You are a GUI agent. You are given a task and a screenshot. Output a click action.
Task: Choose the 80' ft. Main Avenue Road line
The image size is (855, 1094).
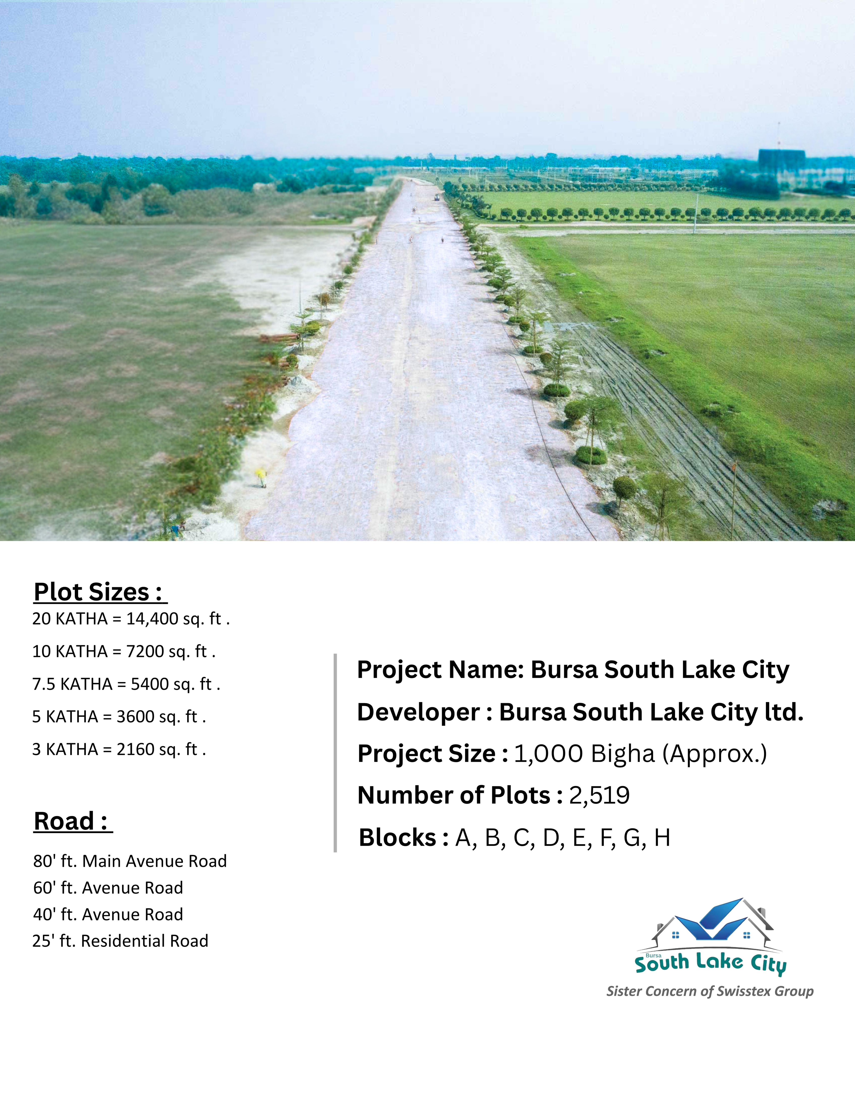coord(130,861)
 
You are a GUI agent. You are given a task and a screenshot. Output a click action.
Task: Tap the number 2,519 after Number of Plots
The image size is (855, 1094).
coord(599,795)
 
